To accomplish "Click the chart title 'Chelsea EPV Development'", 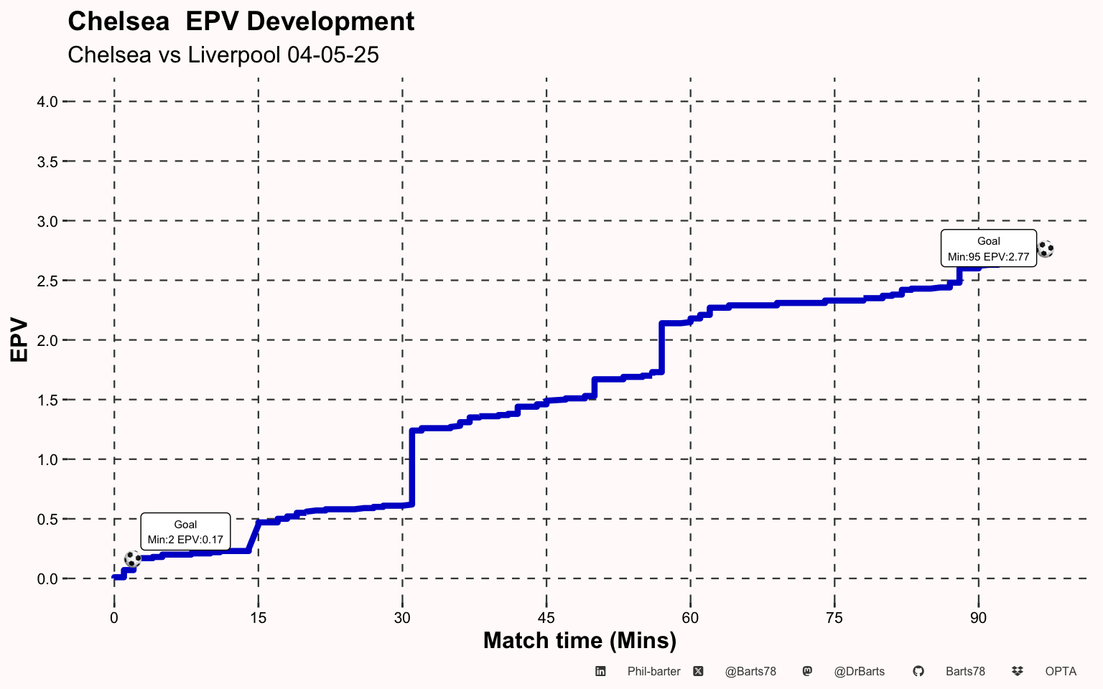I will coord(241,22).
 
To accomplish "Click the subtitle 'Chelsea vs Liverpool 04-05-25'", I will coord(223,55).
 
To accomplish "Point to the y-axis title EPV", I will coord(19,340).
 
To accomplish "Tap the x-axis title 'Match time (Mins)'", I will coord(580,639).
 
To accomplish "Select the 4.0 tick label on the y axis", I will coord(47,102).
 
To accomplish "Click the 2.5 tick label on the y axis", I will coord(47,281).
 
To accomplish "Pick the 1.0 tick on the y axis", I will coord(47,459).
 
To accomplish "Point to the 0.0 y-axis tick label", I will coord(47,578).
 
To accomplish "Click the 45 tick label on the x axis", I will coord(546,618).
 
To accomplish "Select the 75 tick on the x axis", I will coord(834,618).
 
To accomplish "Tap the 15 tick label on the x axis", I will coord(258,618).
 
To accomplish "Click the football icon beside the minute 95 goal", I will coord(1046,249).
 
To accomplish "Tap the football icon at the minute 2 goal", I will coord(133,558).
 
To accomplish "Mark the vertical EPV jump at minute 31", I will coord(411,467).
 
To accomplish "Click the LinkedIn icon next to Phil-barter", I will coord(600,671).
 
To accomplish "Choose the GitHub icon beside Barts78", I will coord(918,671).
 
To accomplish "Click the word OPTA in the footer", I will coord(1061,671).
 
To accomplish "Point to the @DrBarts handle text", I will coord(859,671).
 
